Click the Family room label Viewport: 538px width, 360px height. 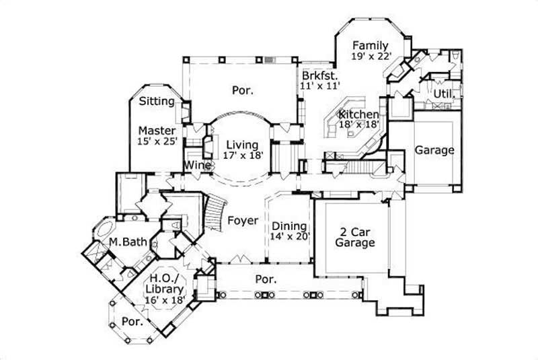pos(371,46)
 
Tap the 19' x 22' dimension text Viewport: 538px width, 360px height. pos(371,57)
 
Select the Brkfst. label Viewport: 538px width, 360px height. pos(319,75)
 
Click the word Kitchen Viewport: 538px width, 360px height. pos(358,114)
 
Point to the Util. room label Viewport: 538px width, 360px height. pos(443,94)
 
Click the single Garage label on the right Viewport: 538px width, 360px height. pos(434,150)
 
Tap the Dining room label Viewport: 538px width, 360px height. pos(289,226)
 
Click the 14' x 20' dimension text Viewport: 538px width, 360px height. pos(289,237)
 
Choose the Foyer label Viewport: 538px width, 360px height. pos(243,220)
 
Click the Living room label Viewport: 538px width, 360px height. pos(242,144)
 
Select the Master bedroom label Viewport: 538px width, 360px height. pos(157,131)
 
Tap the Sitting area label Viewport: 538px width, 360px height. pos(157,102)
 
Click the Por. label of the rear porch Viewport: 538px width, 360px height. pos(243,90)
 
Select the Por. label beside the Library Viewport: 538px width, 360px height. pos(132,322)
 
